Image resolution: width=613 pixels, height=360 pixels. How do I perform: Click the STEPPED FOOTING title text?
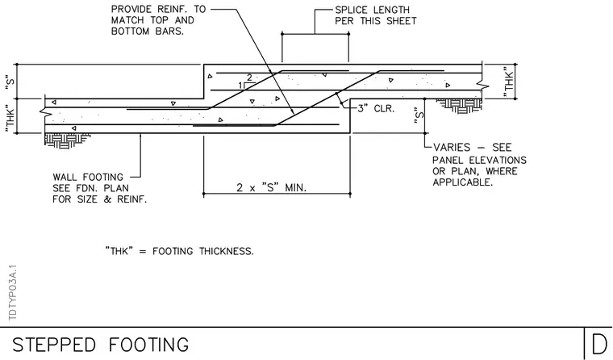(101, 345)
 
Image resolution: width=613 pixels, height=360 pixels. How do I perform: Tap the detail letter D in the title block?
(599, 345)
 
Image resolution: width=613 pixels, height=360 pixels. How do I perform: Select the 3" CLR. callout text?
(376, 108)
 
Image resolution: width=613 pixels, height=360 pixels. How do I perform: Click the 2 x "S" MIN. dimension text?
(271, 187)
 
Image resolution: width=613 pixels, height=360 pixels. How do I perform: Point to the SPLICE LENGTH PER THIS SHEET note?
(376, 15)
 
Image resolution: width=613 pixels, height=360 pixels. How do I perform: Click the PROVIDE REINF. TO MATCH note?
(158, 20)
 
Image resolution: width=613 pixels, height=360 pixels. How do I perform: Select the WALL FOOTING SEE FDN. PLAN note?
(100, 188)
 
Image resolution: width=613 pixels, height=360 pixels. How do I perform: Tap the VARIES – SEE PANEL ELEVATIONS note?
(479, 165)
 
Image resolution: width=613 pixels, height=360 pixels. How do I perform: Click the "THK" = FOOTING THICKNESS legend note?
(179, 251)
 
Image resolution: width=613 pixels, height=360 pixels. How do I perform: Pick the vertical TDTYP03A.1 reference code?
(13, 293)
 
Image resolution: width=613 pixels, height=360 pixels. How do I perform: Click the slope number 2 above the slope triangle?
(249, 77)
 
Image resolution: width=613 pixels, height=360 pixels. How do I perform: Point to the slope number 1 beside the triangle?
(241, 86)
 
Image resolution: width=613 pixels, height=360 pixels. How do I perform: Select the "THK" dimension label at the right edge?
(508, 82)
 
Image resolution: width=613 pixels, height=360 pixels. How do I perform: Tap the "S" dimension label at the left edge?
(10, 82)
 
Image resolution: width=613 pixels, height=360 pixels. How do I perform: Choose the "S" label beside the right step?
(419, 115)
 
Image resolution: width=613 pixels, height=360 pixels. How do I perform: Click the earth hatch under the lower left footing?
(67, 140)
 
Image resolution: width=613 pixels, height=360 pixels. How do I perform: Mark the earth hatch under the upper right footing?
(459, 106)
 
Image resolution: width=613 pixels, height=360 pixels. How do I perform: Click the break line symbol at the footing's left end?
(44, 111)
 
